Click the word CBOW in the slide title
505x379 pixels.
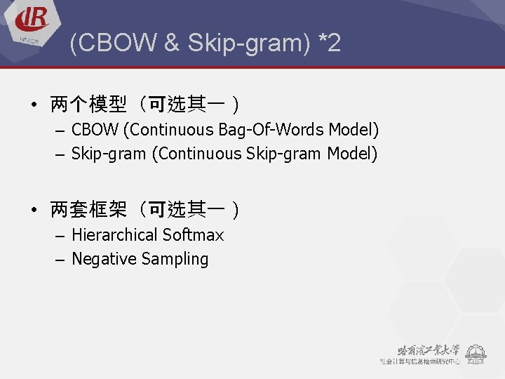(115, 44)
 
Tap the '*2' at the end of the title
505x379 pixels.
(329, 44)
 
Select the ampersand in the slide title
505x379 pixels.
(172, 44)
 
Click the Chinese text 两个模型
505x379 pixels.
(88, 105)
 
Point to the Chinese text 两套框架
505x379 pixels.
(88, 210)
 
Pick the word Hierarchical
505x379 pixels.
(114, 235)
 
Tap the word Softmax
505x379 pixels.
(193, 235)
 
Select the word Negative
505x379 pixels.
(104, 259)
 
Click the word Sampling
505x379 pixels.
(175, 260)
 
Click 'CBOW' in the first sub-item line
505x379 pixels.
(95, 130)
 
